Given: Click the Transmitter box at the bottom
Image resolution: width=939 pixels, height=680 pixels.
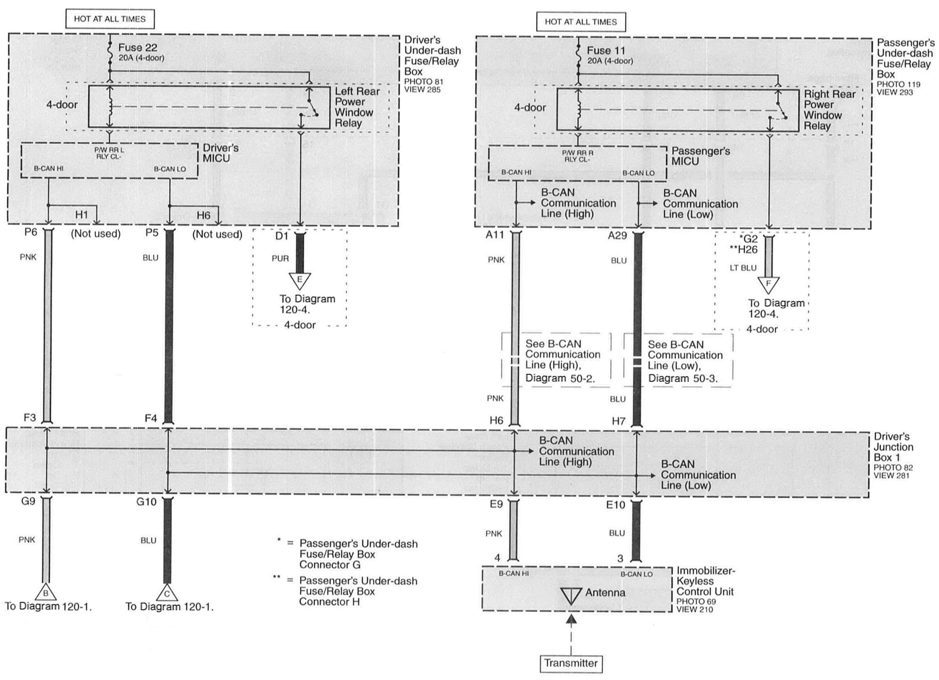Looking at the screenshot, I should tap(571, 663).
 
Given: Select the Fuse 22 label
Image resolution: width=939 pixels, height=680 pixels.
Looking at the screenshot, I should tap(138, 48).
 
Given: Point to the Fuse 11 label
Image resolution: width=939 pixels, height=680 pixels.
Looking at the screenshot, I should tap(606, 51).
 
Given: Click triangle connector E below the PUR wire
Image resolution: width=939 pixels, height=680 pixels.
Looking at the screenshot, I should tap(300, 280).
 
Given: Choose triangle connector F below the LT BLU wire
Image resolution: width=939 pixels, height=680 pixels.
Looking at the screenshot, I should tap(768, 284).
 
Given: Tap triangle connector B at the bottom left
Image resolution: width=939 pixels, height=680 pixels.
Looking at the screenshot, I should tap(45, 593).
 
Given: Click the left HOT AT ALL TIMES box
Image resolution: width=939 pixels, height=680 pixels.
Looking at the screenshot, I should tap(110, 19).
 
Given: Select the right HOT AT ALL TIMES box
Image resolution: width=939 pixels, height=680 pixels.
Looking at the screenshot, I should tap(581, 22).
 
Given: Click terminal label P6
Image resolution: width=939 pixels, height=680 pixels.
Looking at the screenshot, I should tap(30, 232).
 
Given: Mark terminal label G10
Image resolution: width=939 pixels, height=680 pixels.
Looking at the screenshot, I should tap(146, 502).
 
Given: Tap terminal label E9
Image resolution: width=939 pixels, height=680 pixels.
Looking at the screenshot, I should tap(496, 504).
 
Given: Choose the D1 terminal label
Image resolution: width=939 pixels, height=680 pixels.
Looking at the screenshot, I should tap(281, 236).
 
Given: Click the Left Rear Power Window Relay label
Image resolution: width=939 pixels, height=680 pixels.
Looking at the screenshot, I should tap(357, 107).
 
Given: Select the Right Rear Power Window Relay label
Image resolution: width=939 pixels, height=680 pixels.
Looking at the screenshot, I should tap(829, 110).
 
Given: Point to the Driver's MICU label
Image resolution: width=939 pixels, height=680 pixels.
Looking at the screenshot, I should tap(220, 153).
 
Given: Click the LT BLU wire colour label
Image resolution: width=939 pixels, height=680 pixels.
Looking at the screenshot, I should tap(743, 268).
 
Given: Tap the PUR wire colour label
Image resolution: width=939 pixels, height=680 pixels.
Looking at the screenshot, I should tap(280, 258).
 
